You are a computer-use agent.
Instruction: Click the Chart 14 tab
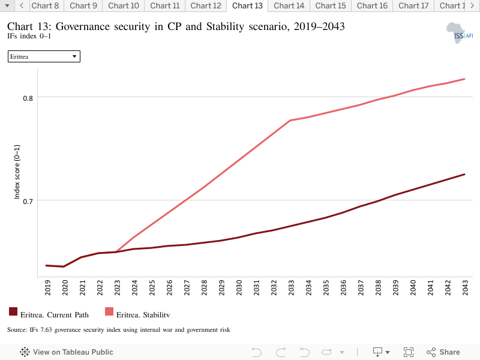point(289,6)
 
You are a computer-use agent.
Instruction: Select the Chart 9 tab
point(83,6)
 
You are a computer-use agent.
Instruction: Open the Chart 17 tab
point(413,6)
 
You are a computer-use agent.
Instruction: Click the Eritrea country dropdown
point(44,56)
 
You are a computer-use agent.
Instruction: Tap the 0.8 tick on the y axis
point(28,98)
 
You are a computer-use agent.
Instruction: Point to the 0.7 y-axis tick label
point(28,202)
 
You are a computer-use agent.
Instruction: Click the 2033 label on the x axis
point(291,287)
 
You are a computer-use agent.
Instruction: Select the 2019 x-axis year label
point(48,287)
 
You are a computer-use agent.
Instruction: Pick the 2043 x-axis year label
point(466,287)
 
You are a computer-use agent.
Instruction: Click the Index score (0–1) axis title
point(17,172)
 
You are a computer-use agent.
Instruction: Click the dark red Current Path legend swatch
point(13,311)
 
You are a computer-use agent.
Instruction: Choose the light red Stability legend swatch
point(109,311)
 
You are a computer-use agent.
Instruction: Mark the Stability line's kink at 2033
point(290,121)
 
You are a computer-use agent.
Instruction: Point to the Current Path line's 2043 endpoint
point(464,175)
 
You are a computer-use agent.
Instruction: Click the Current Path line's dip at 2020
point(64,266)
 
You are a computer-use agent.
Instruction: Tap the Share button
point(443,352)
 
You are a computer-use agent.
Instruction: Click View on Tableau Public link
point(67,352)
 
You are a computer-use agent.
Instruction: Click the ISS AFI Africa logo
point(460,33)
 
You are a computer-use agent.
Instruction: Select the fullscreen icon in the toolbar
point(409,352)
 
